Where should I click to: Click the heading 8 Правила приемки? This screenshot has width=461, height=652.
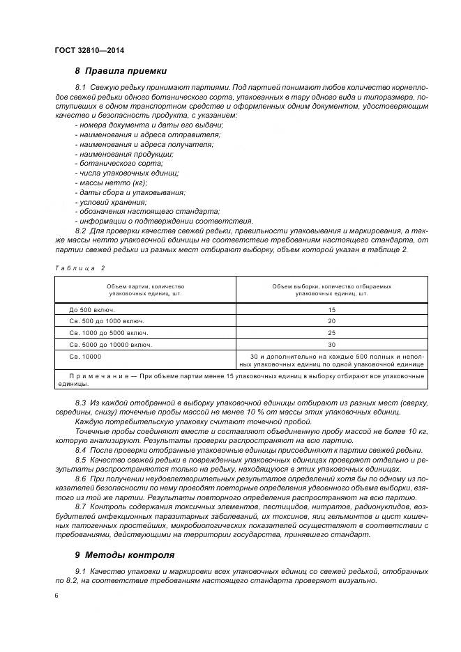tap(121, 70)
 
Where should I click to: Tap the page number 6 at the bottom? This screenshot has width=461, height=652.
tap(56, 596)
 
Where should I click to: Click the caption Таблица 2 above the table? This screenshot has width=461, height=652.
tap(78, 267)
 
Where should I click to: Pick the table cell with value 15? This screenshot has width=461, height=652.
tap(331, 309)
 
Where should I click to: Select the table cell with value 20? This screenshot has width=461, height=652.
tap(331, 320)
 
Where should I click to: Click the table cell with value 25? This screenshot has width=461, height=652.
tap(331, 332)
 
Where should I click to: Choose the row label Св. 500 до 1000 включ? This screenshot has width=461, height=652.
tap(106, 320)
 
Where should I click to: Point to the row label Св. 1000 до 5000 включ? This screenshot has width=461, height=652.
tap(108, 332)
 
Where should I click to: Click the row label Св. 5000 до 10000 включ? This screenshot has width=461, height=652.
tap(110, 344)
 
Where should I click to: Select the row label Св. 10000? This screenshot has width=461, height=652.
tap(84, 356)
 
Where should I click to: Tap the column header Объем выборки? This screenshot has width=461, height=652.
tap(331, 289)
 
